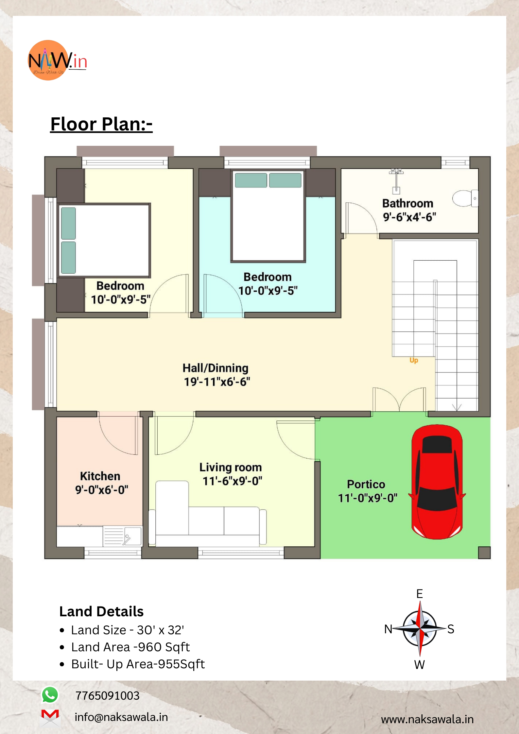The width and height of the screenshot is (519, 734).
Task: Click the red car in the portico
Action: [437, 482]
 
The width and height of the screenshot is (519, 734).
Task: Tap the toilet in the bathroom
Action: [465, 198]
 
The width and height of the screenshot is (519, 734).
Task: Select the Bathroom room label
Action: [408, 203]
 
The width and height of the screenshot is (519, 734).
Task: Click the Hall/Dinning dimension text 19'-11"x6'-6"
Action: [217, 382]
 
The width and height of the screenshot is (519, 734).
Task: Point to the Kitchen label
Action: [100, 476]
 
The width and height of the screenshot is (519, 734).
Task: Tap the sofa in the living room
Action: [207, 513]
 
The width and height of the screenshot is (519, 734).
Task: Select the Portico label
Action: [366, 484]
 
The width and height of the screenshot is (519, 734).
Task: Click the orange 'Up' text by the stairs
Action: [414, 360]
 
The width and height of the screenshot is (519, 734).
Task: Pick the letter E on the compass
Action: [420, 593]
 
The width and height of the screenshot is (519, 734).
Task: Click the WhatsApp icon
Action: [50, 695]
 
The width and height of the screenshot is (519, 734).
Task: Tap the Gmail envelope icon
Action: [50, 717]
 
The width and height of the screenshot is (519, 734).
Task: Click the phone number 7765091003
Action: [107, 695]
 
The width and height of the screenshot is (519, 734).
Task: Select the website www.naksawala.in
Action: [427, 719]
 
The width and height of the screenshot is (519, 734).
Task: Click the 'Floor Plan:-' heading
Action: [101, 124]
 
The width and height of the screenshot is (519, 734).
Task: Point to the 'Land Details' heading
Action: [101, 611]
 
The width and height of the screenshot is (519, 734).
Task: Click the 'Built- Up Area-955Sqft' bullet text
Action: [138, 664]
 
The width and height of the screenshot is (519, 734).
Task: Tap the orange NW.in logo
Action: [57, 60]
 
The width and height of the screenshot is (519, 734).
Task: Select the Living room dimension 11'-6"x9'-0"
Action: [232, 481]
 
